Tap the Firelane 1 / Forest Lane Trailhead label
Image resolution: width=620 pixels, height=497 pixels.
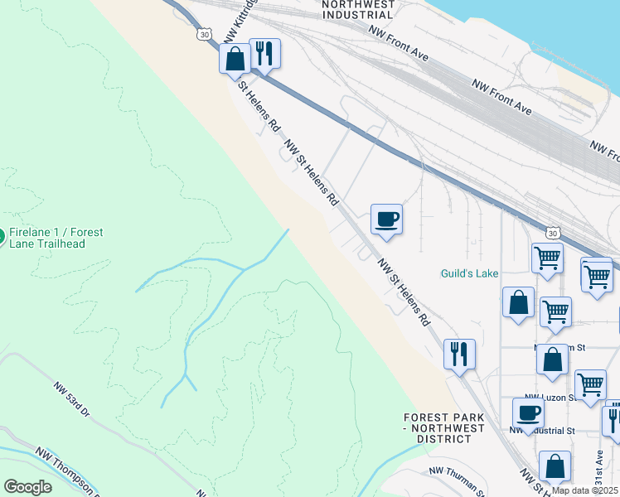pos(56,238)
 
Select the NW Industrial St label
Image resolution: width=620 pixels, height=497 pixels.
pos(543,430)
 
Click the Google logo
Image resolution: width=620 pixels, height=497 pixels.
pos(27,487)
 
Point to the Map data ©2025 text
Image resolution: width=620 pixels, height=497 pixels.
pos(584,490)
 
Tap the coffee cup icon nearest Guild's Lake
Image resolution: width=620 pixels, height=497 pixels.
pos(386,220)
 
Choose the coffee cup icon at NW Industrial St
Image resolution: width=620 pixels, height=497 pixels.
pos(528,413)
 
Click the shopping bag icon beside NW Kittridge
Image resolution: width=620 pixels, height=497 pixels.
pos(235,58)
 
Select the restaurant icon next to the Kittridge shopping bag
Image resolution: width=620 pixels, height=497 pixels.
pos(264,53)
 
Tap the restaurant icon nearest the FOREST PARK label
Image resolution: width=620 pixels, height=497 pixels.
pos(458,355)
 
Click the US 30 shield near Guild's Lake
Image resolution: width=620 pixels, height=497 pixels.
pos(553,234)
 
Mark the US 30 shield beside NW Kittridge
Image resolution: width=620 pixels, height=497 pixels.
pos(206,35)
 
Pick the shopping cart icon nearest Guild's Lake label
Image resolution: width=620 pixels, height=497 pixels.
pos(548,258)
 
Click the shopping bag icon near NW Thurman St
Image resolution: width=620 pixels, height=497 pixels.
pos(555,466)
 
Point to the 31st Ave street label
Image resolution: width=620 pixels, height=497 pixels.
pos(599,467)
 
